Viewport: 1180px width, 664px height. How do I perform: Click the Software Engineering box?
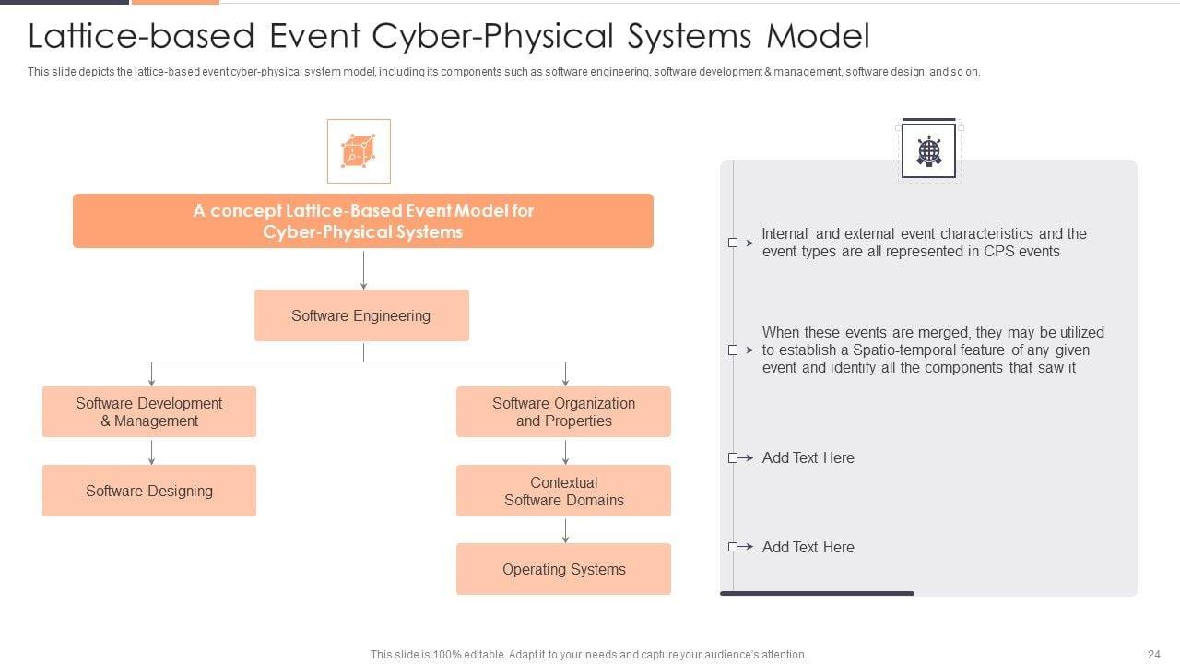(361, 315)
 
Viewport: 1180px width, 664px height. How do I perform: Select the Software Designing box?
(149, 491)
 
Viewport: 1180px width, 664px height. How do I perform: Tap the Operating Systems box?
(563, 569)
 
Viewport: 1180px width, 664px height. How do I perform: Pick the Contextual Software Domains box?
(563, 491)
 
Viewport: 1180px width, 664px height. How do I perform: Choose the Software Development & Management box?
(149, 411)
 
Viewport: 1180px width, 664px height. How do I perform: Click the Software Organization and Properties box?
(563, 411)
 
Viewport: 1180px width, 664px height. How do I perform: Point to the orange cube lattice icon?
(359, 151)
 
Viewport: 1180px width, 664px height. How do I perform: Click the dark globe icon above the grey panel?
(928, 150)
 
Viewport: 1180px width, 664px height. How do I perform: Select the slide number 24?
(1153, 655)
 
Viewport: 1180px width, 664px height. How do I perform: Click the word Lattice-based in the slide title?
(141, 36)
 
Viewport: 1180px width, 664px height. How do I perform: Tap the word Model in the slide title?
(818, 36)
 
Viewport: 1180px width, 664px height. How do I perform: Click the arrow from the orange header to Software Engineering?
(363, 269)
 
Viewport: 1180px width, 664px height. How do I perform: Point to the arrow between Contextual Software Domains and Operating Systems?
(565, 530)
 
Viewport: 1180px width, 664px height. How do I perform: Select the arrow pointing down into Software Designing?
(151, 452)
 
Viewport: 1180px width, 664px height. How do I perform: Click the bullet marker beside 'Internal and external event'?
(735, 243)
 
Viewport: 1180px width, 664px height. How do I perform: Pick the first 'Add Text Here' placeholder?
(808, 457)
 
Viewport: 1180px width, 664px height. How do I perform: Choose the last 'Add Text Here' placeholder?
(808, 547)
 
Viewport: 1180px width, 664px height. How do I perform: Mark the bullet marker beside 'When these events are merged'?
(735, 350)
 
